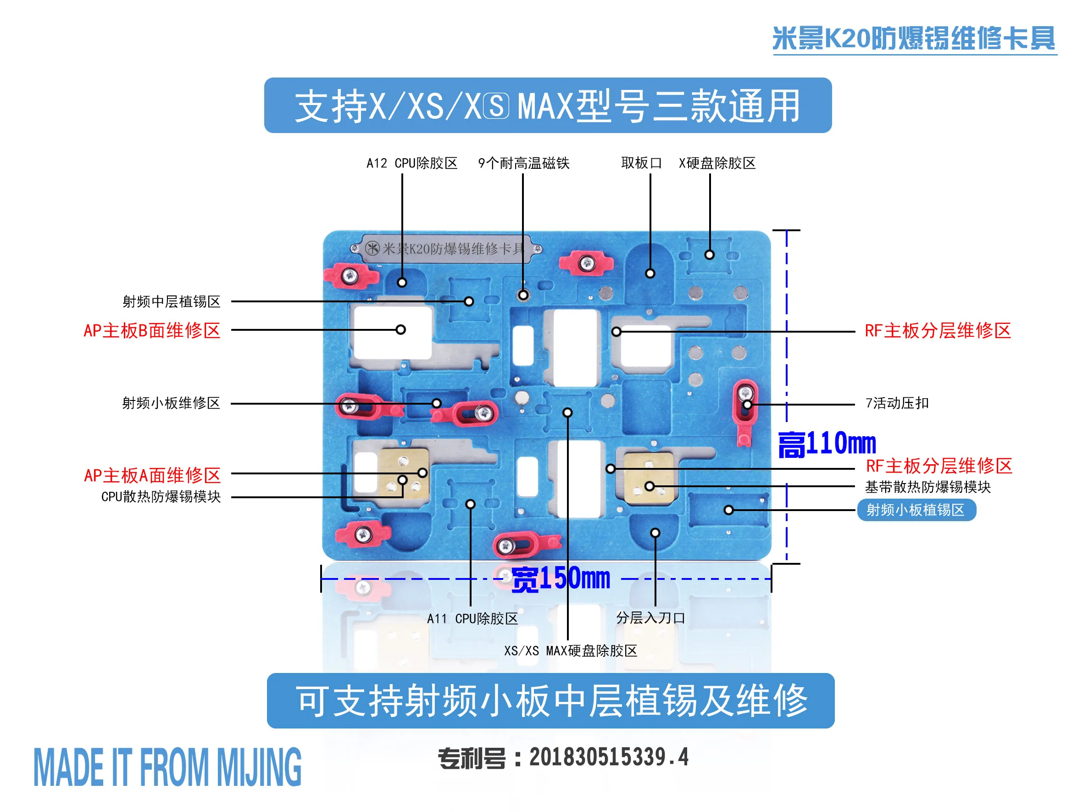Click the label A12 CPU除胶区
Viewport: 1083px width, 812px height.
coord(412,163)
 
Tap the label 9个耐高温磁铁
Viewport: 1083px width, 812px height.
coord(523,163)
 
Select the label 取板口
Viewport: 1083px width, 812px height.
coord(641,163)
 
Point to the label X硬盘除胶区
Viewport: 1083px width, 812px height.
coord(717,163)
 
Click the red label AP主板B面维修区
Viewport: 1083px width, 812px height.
coord(152,331)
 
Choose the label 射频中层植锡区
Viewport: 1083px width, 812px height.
coord(172,302)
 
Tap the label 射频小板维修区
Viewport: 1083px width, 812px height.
coord(171,403)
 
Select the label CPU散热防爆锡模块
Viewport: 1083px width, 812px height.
coord(161,496)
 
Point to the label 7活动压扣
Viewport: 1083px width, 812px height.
coord(897,403)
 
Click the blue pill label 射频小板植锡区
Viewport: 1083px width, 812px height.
coord(916,510)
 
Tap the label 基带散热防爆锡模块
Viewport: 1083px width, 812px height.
coord(927,487)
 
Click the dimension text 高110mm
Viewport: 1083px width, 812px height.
coord(827,444)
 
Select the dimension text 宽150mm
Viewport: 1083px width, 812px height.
coord(561,579)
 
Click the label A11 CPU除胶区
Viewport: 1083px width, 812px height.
coord(472,618)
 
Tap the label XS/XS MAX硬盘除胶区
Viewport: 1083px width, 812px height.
coord(570,651)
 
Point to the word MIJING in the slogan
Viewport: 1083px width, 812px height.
coord(259,768)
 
